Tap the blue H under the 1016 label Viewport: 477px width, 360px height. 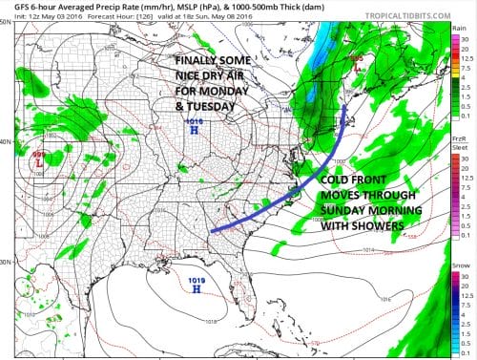pyautogui.click(x=196, y=131)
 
